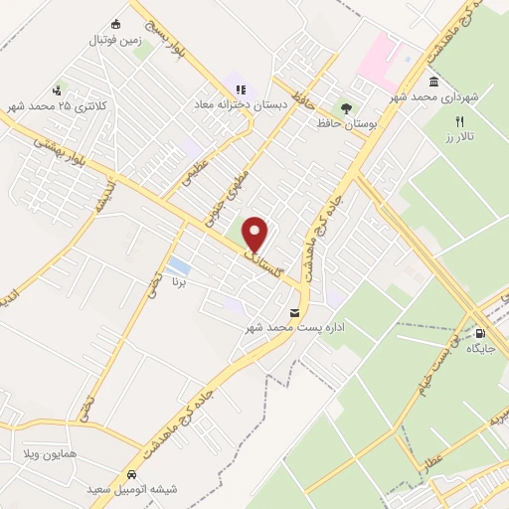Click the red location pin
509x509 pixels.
(x=255, y=235)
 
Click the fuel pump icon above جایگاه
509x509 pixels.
(x=481, y=333)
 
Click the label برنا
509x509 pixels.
(x=179, y=282)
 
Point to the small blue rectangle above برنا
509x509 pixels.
(x=179, y=265)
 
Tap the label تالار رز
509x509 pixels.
(x=458, y=134)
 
